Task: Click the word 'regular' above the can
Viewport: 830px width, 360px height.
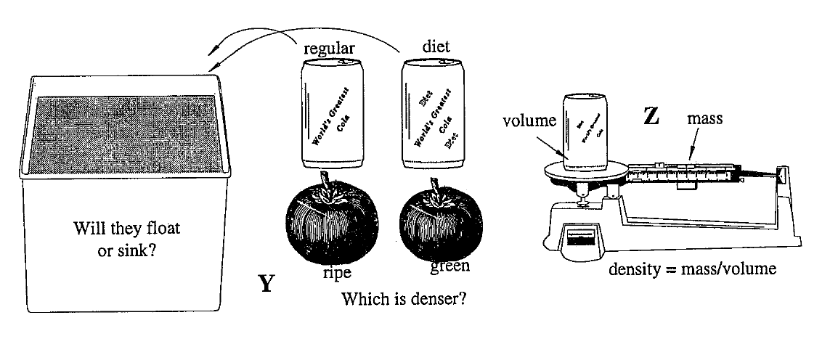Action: (328, 49)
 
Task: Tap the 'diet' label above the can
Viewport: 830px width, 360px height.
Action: (436, 46)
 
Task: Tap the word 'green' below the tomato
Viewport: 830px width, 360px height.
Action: (449, 266)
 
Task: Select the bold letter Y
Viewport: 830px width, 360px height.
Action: (267, 284)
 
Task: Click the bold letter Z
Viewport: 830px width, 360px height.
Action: (651, 116)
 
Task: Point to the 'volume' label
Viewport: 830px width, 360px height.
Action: (529, 120)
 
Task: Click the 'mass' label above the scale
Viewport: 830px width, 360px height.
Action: (704, 118)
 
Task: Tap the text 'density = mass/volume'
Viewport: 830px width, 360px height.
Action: (692, 269)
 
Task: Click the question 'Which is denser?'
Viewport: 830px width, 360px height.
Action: (404, 298)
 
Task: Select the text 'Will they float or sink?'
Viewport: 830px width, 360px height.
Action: (127, 238)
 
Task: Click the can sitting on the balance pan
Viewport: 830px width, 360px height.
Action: (588, 131)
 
